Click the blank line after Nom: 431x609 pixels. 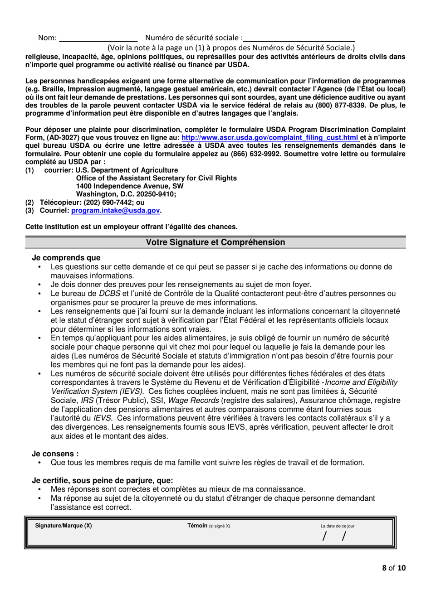click(98, 39)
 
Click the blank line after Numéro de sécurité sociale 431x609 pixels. click(299, 39)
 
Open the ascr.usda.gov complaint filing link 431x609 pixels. click(270, 138)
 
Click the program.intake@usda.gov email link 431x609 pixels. click(115, 211)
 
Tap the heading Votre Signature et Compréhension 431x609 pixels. click(215, 242)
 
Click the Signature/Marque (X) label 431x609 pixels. click(64, 526)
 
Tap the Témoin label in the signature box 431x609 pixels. click(197, 526)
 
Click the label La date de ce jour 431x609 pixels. click(337, 527)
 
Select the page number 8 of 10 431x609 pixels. click(393, 568)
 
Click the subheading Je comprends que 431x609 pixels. click(66, 258)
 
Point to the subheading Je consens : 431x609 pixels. click(55, 454)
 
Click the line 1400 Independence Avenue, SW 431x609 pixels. click(130, 186)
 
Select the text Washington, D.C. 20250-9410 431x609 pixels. click(126, 194)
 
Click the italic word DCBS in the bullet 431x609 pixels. click(109, 294)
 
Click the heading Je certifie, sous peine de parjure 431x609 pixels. click(102, 481)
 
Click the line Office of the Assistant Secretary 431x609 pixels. click(157, 178)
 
